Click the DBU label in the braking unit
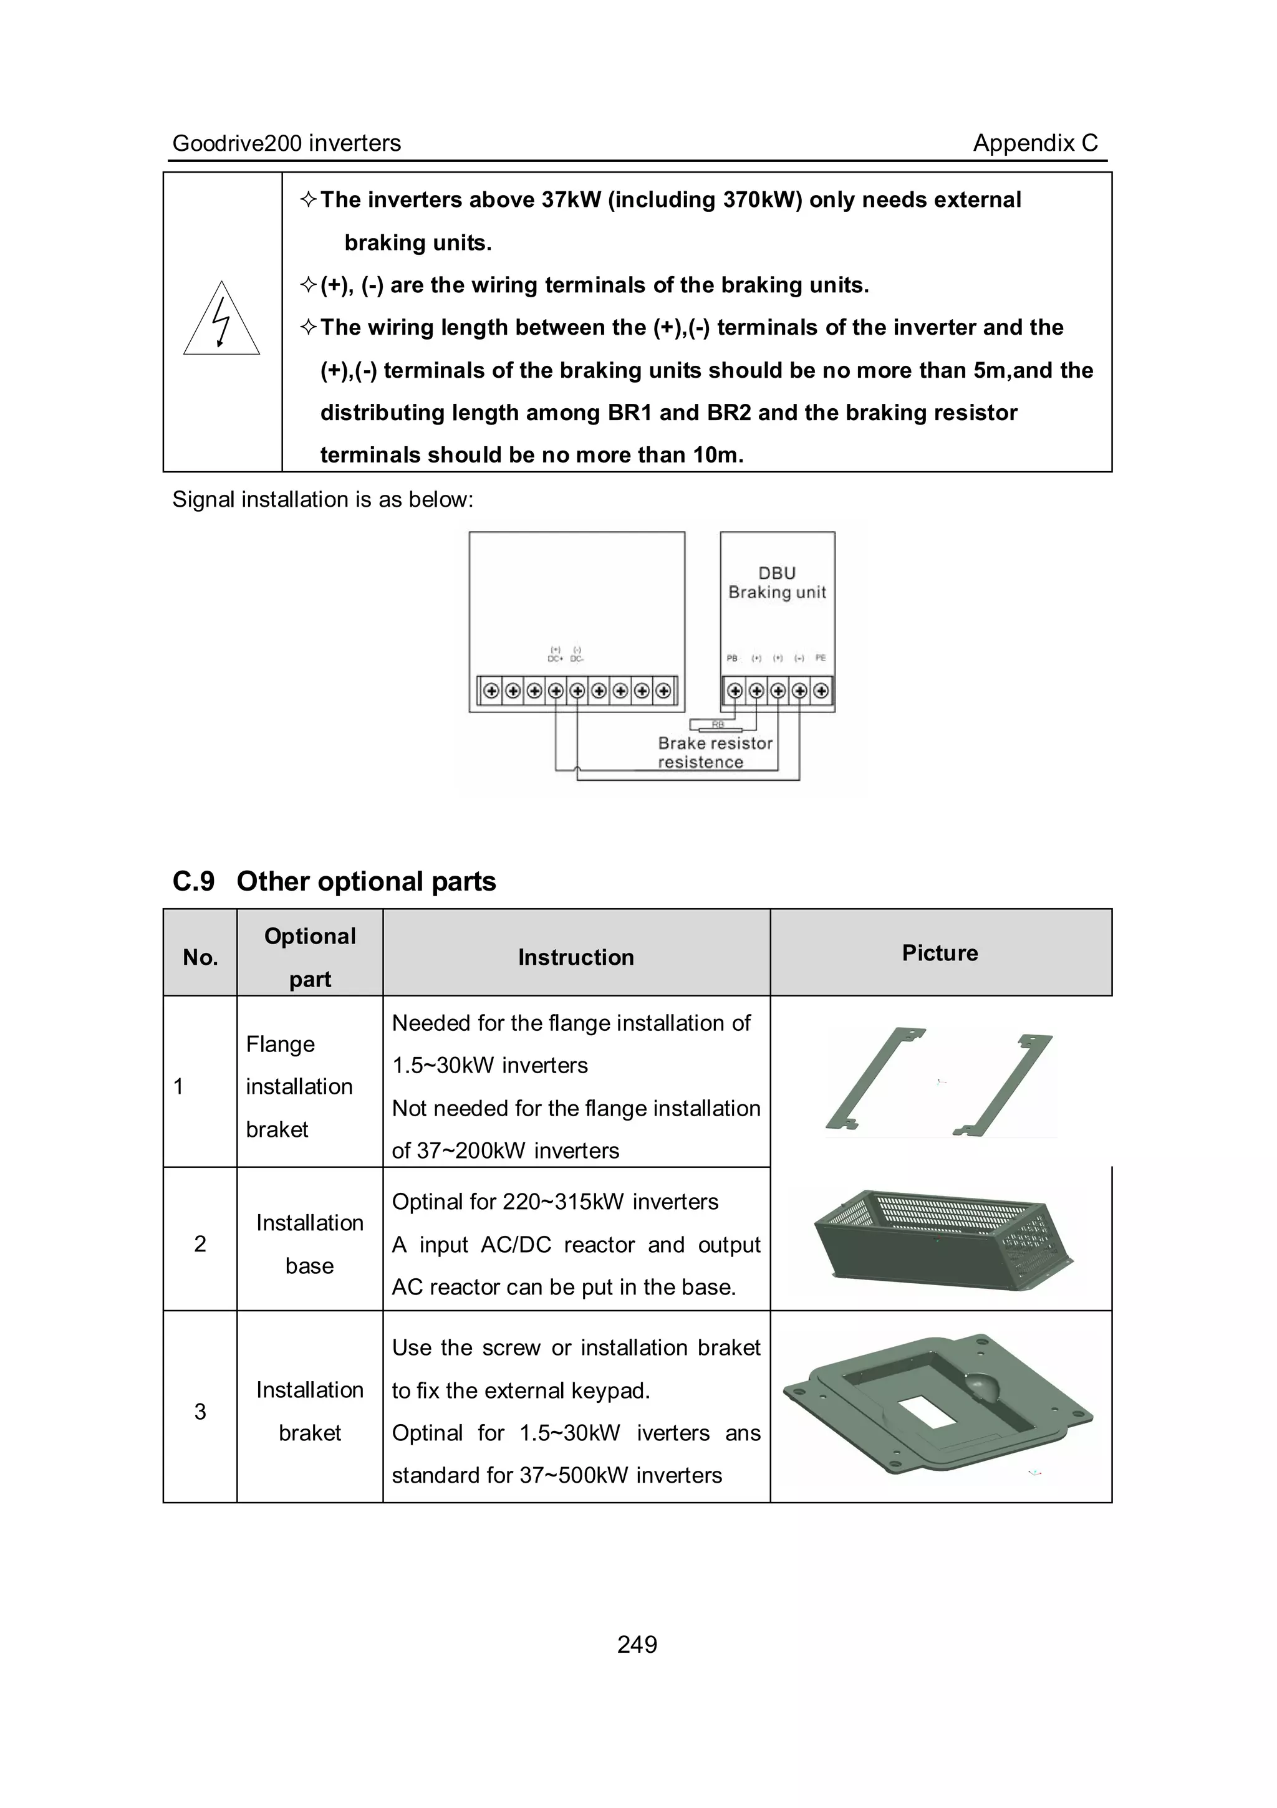[x=777, y=573]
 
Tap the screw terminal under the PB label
[x=735, y=691]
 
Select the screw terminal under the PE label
[x=821, y=691]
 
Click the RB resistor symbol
[x=717, y=724]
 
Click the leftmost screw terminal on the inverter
[x=491, y=691]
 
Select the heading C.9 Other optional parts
[x=334, y=881]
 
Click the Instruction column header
[x=576, y=957]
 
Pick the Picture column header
[x=940, y=953]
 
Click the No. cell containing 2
[x=200, y=1243]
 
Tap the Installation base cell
[x=310, y=1244]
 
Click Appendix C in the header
[x=1035, y=143]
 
